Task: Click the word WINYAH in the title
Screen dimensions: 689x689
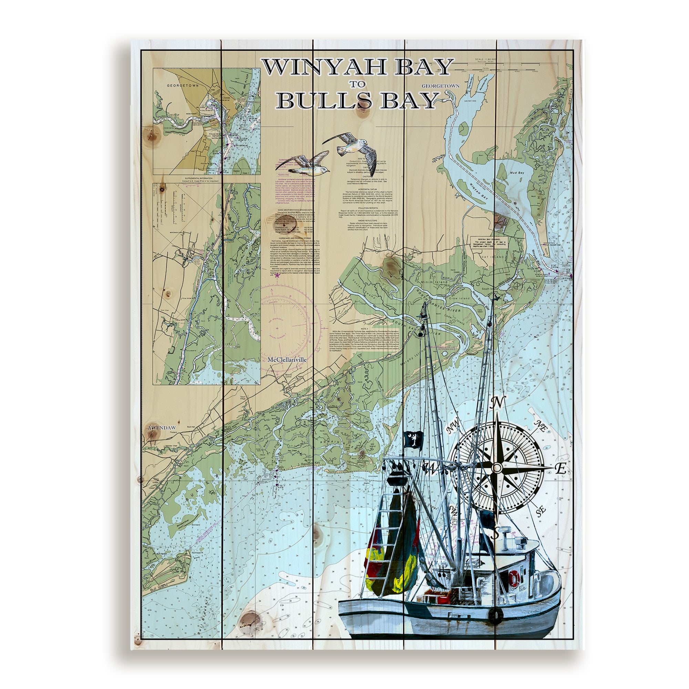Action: [314, 68]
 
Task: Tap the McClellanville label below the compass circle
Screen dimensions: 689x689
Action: [287, 360]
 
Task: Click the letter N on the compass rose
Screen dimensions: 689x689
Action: [497, 403]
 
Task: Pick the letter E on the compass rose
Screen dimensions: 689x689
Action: [561, 469]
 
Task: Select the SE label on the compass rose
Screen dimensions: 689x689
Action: [541, 512]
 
